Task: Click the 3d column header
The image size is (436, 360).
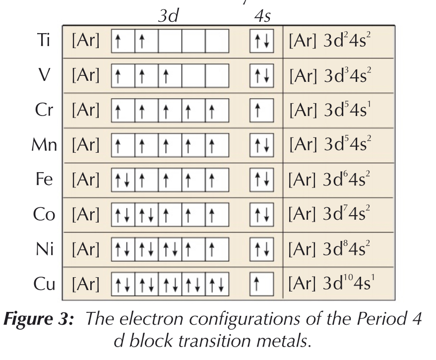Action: click(x=168, y=15)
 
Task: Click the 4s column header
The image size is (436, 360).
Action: click(x=261, y=15)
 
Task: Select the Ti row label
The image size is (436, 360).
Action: click(x=43, y=42)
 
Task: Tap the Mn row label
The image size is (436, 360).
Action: click(x=46, y=145)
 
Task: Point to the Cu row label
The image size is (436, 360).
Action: click(x=44, y=284)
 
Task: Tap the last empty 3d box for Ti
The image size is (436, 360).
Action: click(x=217, y=42)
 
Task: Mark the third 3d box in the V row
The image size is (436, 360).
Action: click(x=170, y=76)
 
